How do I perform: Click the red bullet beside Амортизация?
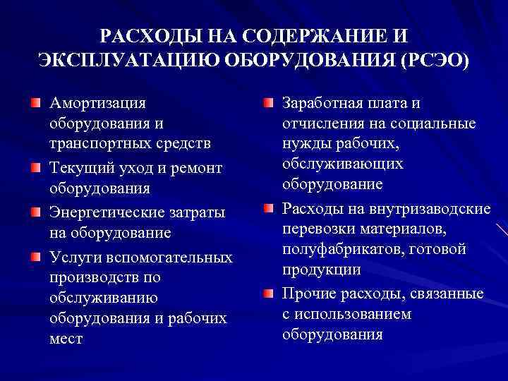pyautogui.click(x=35, y=103)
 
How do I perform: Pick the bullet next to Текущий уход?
pyautogui.click(x=35, y=168)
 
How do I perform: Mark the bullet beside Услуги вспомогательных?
pyautogui.click(x=35, y=255)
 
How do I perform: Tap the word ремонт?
pyautogui.click(x=196, y=168)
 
